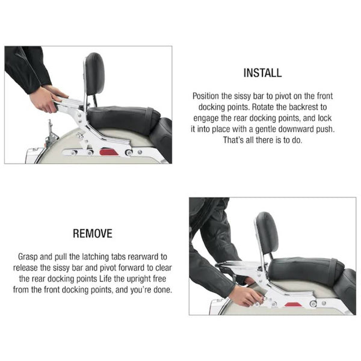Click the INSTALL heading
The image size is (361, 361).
click(262, 73)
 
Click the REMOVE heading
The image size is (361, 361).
click(93, 233)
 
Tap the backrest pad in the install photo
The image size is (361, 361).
click(95, 73)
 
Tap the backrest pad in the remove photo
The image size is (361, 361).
click(267, 233)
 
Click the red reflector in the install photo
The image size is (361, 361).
click(109, 152)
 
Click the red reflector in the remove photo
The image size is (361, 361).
click(294, 305)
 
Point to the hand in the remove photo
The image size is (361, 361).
click(245, 296)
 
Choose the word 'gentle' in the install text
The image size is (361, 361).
click(265, 129)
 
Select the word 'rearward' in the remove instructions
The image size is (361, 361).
click(144, 257)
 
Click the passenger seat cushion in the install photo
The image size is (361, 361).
click(123, 118)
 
